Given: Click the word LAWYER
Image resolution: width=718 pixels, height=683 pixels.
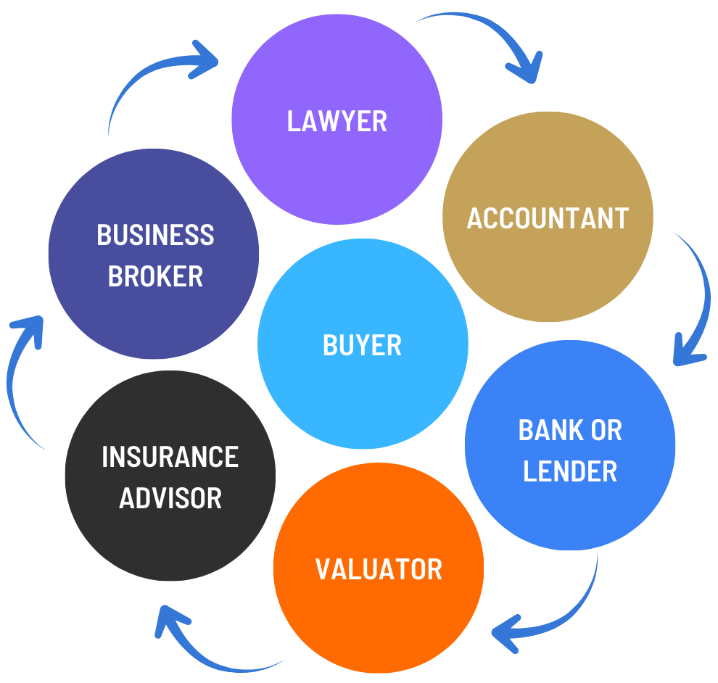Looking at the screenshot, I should [337, 121].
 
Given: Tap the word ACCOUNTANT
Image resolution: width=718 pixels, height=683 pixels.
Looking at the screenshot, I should [548, 218].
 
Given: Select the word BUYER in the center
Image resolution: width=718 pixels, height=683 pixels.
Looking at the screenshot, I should [362, 345].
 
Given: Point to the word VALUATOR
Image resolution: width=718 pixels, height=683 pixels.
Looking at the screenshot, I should [379, 569].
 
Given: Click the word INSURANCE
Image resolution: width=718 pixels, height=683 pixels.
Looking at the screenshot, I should [170, 457].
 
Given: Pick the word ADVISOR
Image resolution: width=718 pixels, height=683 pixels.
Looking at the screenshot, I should [170, 498].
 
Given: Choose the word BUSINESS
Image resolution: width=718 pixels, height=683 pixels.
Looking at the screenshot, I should [155, 236].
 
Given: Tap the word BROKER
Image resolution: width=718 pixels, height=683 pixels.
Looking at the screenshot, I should [155, 276].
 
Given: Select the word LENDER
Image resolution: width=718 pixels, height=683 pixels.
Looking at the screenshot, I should [570, 471].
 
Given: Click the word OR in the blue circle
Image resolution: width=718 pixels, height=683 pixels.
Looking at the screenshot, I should [606, 431].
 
